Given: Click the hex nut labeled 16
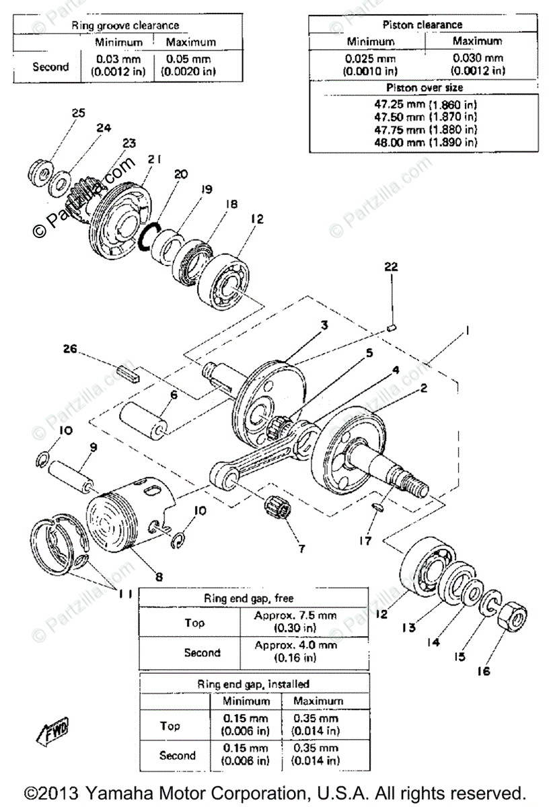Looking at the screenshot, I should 515,615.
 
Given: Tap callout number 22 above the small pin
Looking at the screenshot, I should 392,267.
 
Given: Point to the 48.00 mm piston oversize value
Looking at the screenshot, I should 425,142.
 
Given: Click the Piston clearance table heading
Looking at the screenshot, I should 423,25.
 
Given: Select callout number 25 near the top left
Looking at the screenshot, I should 79,112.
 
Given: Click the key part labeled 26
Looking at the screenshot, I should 128,372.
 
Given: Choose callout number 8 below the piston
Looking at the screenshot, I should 158,576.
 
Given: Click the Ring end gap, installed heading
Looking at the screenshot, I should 253,684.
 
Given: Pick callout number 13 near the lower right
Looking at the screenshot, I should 409,628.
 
